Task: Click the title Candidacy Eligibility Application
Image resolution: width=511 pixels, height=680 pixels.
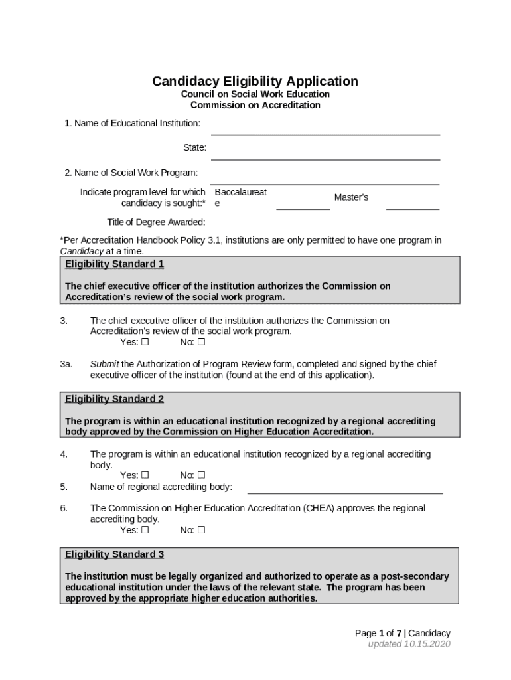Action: click(255, 81)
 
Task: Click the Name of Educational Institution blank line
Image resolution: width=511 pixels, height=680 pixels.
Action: click(325, 134)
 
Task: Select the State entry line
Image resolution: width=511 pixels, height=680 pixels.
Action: click(325, 159)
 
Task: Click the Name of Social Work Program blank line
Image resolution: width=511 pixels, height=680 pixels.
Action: click(325, 184)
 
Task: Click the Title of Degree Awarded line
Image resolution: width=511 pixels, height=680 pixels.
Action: click(325, 233)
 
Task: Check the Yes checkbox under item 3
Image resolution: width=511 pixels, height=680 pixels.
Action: click(145, 343)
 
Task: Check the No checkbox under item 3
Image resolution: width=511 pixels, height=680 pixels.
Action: click(201, 343)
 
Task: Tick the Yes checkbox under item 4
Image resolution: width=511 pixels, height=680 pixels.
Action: click(145, 475)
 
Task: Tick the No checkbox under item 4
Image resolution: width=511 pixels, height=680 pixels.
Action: click(201, 475)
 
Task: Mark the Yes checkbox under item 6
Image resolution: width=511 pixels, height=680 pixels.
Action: click(145, 530)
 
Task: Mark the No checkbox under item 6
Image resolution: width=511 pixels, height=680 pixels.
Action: click(201, 530)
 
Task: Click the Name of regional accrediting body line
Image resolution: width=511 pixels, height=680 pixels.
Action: click(345, 493)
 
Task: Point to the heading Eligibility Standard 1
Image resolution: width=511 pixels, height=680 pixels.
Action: click(114, 264)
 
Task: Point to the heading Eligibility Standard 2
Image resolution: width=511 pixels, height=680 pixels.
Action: click(114, 399)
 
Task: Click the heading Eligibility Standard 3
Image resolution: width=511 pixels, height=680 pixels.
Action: click(114, 554)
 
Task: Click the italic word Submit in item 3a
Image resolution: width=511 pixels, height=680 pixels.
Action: click(104, 364)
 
